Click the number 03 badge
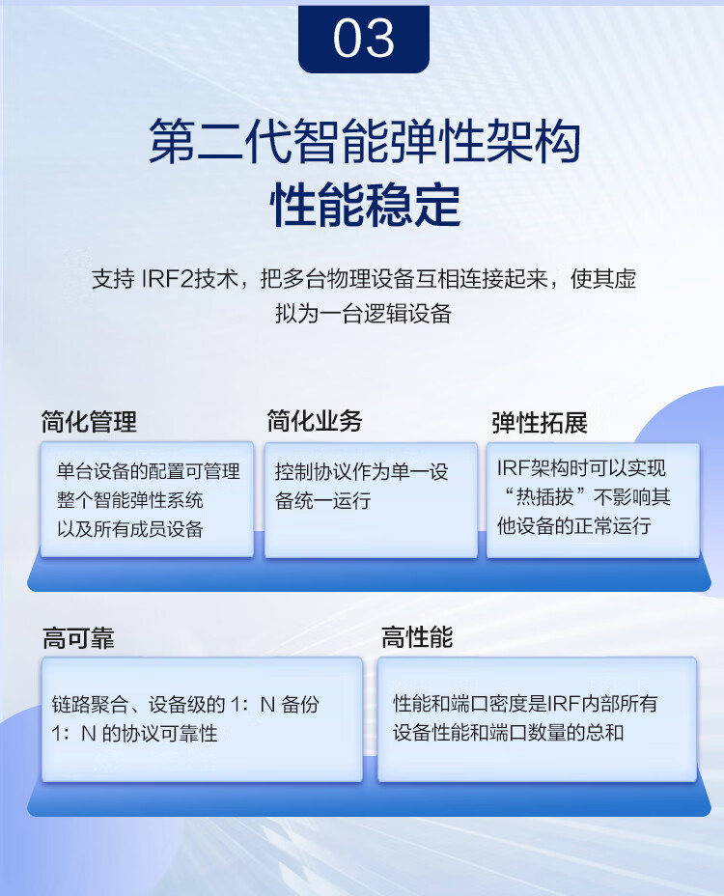click(363, 39)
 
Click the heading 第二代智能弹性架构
click(365, 142)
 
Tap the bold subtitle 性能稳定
click(365, 205)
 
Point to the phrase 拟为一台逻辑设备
click(363, 313)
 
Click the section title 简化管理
click(89, 422)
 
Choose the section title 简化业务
click(315, 421)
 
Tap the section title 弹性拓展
click(540, 423)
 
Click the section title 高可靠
click(78, 637)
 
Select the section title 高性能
click(417, 637)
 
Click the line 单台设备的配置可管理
click(148, 471)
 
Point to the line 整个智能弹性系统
click(129, 500)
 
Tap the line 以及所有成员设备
click(129, 528)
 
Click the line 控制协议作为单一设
click(362, 472)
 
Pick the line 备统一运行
click(322, 500)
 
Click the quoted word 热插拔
click(544, 496)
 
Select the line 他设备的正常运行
click(573, 525)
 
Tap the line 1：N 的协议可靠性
click(134, 733)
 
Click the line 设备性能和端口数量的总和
click(508, 732)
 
